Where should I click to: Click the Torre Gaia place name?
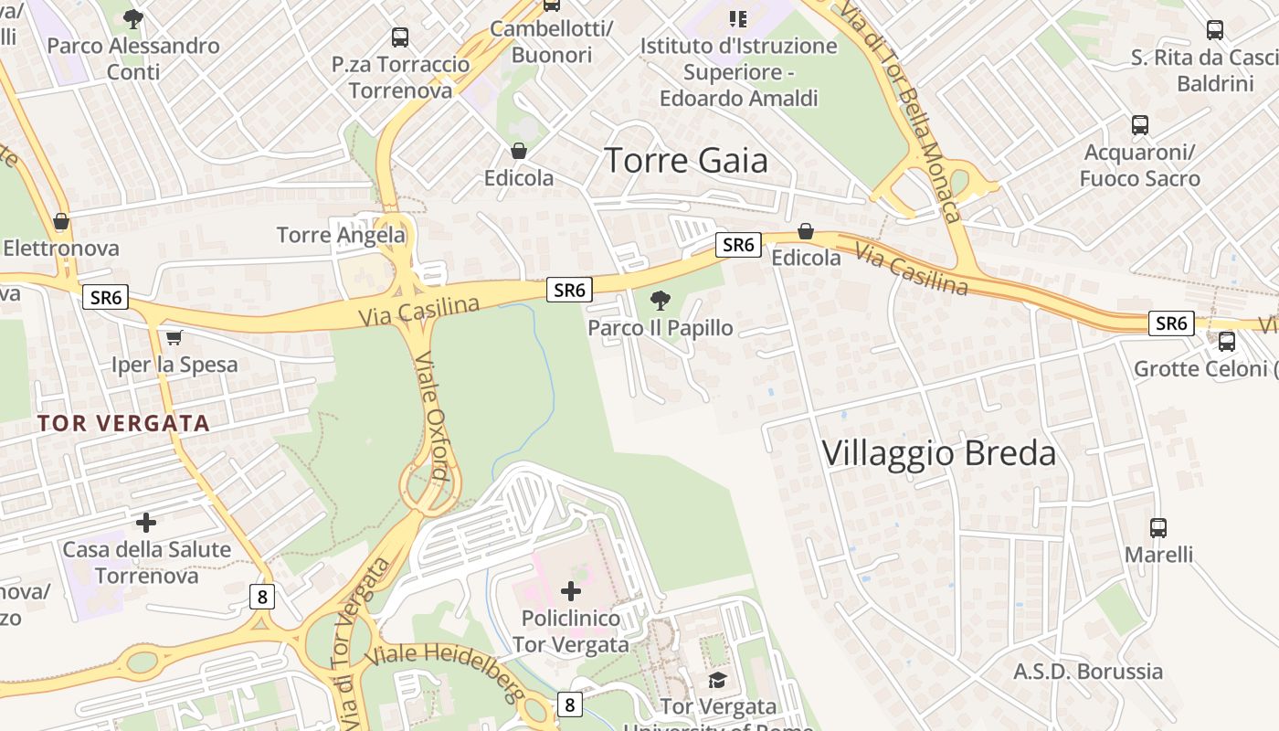coord(686,161)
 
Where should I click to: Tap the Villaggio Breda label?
coord(939,453)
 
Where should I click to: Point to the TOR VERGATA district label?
coord(124,423)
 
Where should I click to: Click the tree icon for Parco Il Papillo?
coord(660,301)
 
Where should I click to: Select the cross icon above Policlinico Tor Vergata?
coord(571,591)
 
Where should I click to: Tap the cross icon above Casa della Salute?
coord(146,523)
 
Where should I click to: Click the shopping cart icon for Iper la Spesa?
coord(174,337)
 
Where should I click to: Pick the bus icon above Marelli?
coord(1158,527)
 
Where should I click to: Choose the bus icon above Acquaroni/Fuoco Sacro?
coord(1140,125)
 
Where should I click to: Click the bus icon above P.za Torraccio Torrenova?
coord(400,37)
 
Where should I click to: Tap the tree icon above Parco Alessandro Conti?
coord(133,18)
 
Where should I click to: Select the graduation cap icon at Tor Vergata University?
coord(718,680)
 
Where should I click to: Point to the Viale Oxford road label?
coord(429,416)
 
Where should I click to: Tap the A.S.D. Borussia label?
coord(1088,672)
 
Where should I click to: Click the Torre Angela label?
coord(341,235)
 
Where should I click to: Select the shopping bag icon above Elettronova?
coord(61,221)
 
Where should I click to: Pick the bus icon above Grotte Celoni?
coord(1227,342)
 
